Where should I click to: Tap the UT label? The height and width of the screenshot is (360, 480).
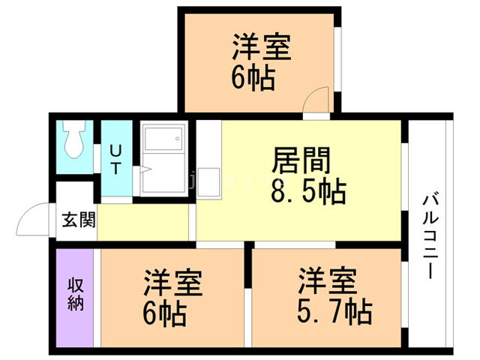coord(116,159)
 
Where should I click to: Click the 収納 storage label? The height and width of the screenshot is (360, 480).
coord(76,294)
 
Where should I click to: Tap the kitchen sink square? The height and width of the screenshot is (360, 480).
coord(209,181)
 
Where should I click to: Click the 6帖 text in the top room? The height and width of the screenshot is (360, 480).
coord(252,77)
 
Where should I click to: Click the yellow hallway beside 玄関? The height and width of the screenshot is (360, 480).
coord(142,222)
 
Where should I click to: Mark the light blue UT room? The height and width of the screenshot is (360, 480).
coord(116,159)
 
